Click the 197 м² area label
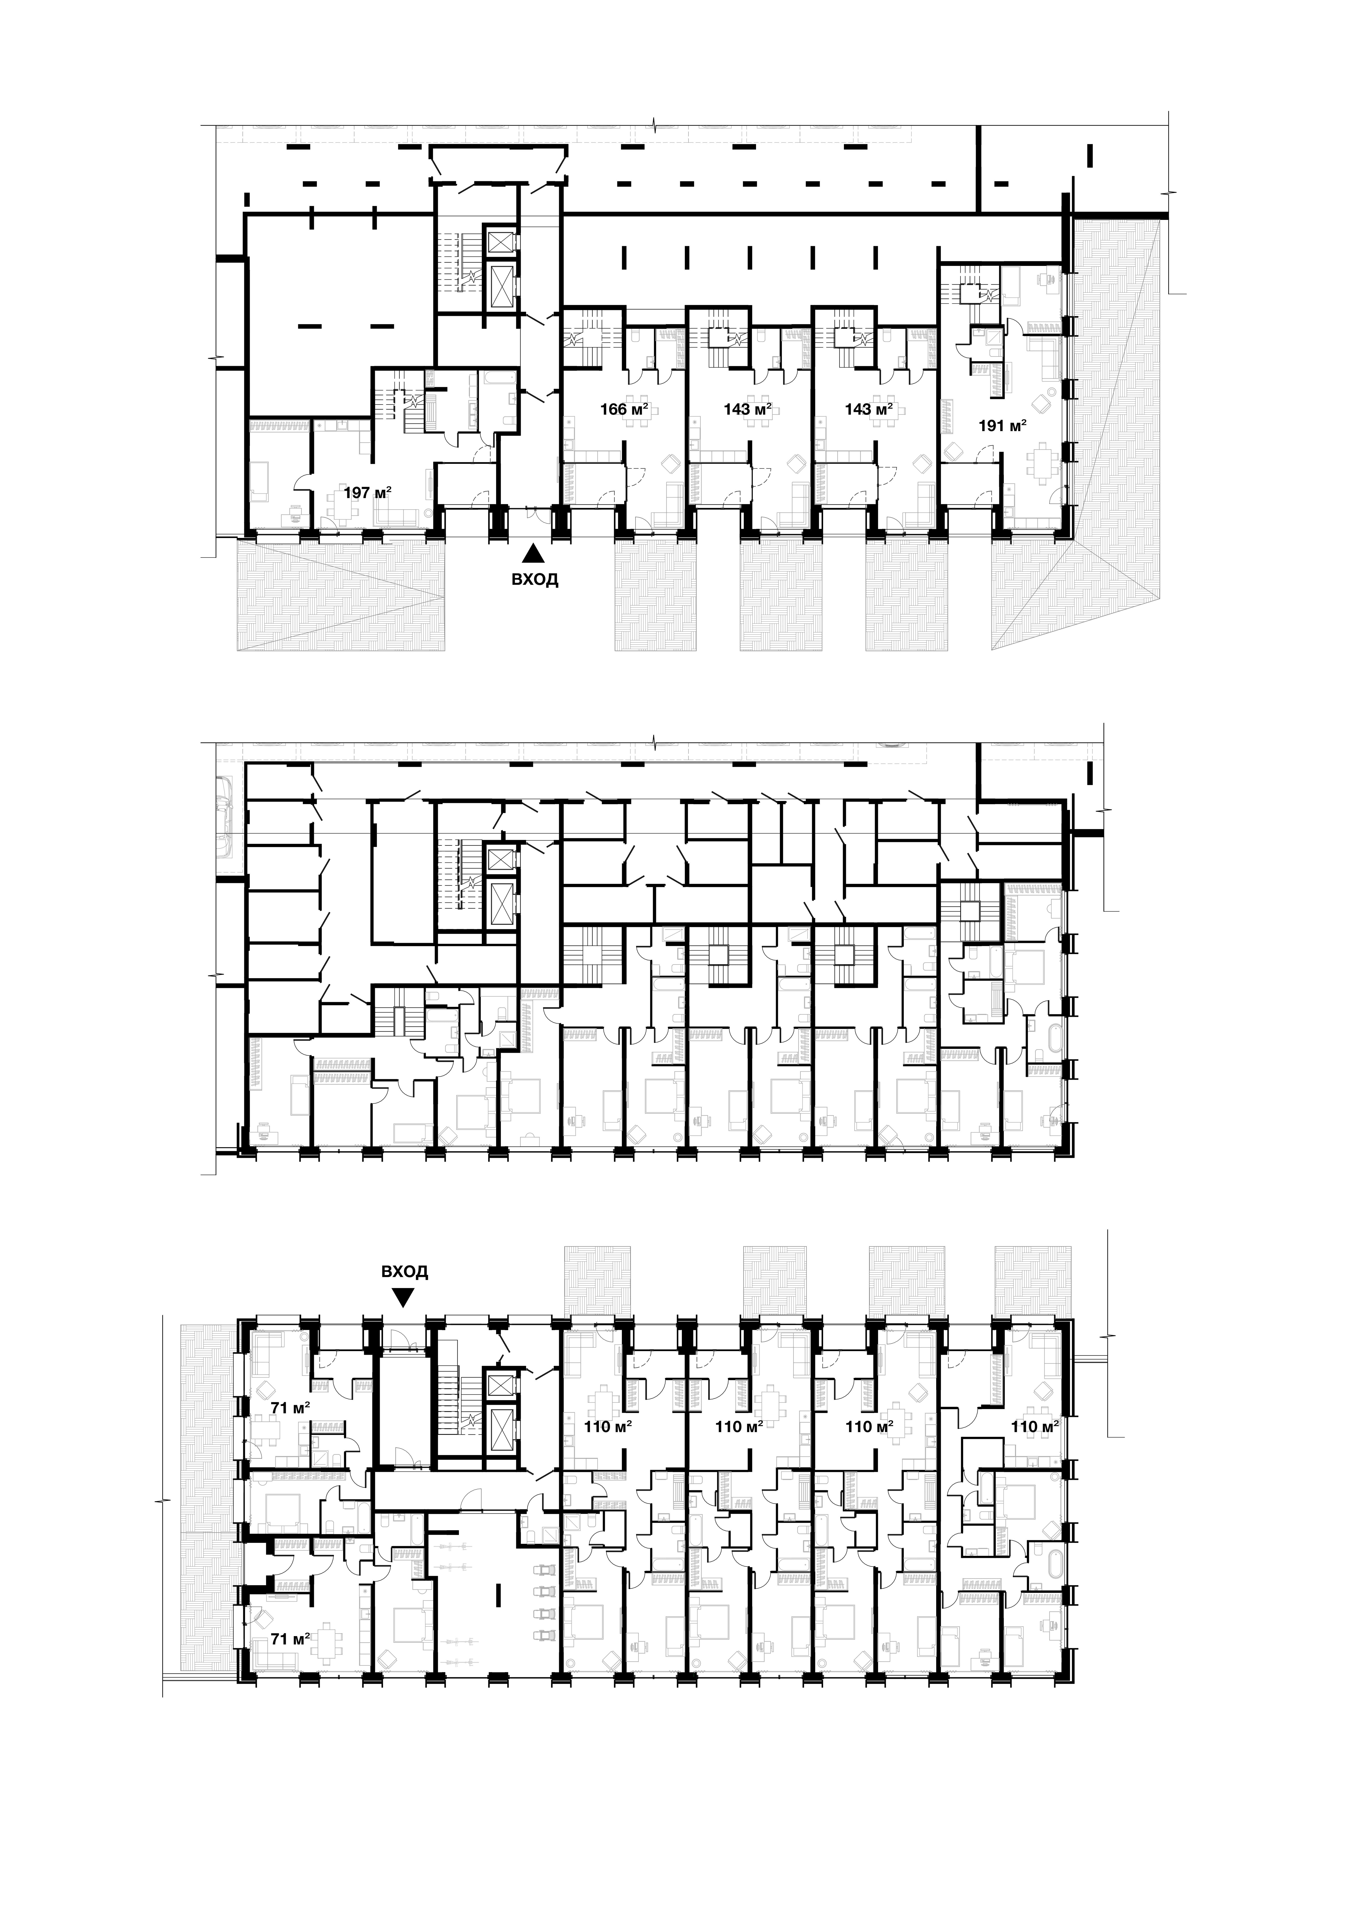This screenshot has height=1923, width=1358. coord(368,493)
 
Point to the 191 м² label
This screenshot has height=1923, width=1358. coord(1003,426)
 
